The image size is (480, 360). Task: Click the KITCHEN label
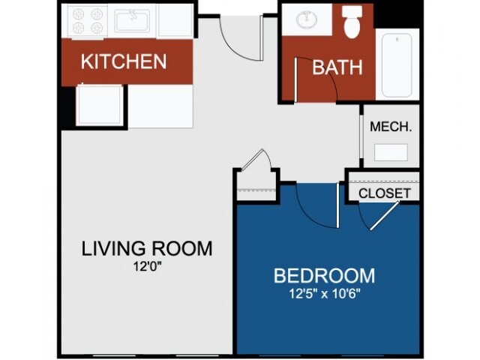point(124,61)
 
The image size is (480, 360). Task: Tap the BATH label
point(337,67)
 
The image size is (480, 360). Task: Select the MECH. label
point(391,127)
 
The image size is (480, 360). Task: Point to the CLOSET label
point(385,193)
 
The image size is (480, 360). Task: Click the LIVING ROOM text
point(147,248)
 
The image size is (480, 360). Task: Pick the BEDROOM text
point(324,275)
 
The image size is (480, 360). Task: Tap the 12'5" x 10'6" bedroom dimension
point(325,294)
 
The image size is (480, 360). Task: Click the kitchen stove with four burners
point(87,20)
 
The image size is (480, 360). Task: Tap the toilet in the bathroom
point(352,22)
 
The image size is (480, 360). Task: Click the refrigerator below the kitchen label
point(100,104)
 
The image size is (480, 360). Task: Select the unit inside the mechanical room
point(391,152)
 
